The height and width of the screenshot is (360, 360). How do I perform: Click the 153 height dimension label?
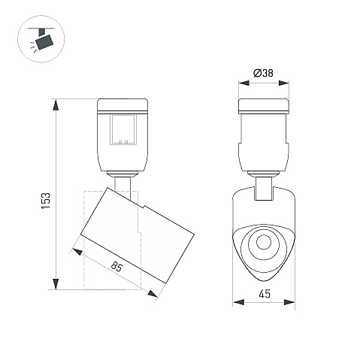46,201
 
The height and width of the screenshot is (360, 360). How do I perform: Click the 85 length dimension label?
116,266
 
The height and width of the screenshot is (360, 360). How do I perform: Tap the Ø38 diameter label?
263,73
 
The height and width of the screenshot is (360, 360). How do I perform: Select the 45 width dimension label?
265,294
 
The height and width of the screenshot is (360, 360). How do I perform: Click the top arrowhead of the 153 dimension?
56,104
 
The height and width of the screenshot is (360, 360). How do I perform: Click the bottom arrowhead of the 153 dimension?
56,284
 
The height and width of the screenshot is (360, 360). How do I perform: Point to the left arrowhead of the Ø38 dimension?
244,83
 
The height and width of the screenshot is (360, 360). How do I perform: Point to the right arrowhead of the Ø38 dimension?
283,83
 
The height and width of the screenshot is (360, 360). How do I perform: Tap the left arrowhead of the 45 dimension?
238,302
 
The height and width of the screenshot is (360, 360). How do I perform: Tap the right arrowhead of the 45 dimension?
289,302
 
